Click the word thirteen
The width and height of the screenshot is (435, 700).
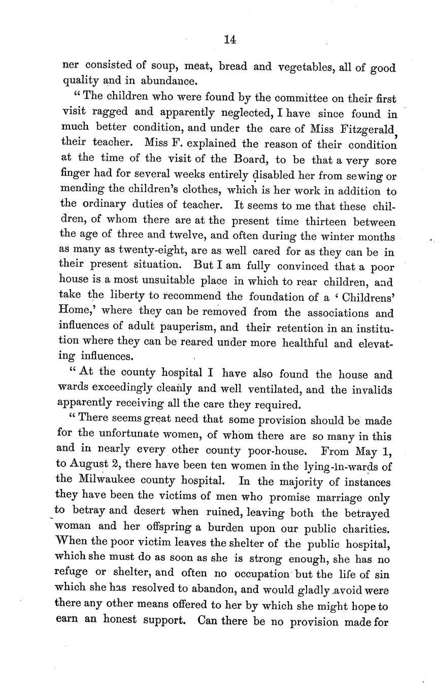coord(327,222)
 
